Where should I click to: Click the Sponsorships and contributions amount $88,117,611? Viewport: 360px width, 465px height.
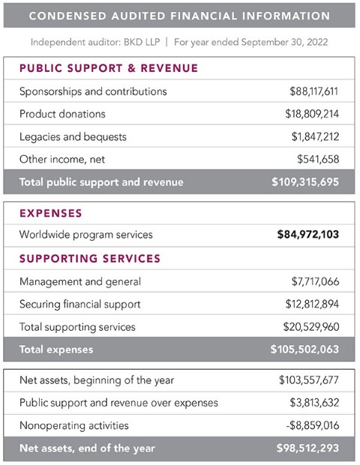314,91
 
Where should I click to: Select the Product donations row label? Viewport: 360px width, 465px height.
62,114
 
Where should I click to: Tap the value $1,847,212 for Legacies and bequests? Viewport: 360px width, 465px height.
316,136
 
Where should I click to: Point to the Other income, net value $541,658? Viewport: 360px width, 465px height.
320,159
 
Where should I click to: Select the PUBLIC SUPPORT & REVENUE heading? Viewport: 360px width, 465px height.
108,68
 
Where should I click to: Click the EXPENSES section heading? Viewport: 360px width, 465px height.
50,213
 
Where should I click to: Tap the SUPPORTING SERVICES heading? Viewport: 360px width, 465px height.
89,258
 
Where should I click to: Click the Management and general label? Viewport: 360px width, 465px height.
80,281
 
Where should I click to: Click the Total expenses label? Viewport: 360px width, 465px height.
56,349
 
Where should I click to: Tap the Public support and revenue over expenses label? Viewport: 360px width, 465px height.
118,403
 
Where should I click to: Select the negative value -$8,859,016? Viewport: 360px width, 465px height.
316,425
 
